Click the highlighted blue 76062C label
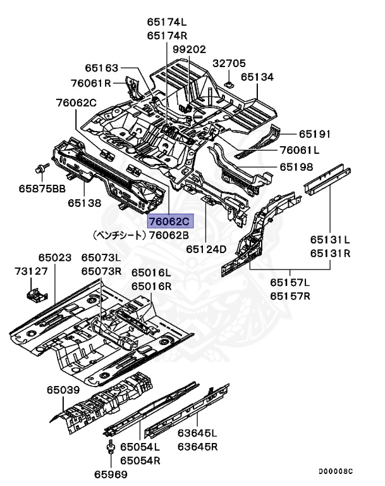(x=169, y=221)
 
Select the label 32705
(x=229, y=63)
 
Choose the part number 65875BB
(x=42, y=188)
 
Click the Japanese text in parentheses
(x=119, y=235)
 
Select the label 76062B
(x=169, y=235)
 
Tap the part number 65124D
(x=206, y=249)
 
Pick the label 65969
(x=111, y=474)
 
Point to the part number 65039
(x=62, y=390)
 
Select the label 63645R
(x=197, y=446)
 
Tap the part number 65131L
(x=329, y=240)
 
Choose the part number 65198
(x=297, y=167)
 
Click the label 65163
(x=102, y=67)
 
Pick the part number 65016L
(x=151, y=273)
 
